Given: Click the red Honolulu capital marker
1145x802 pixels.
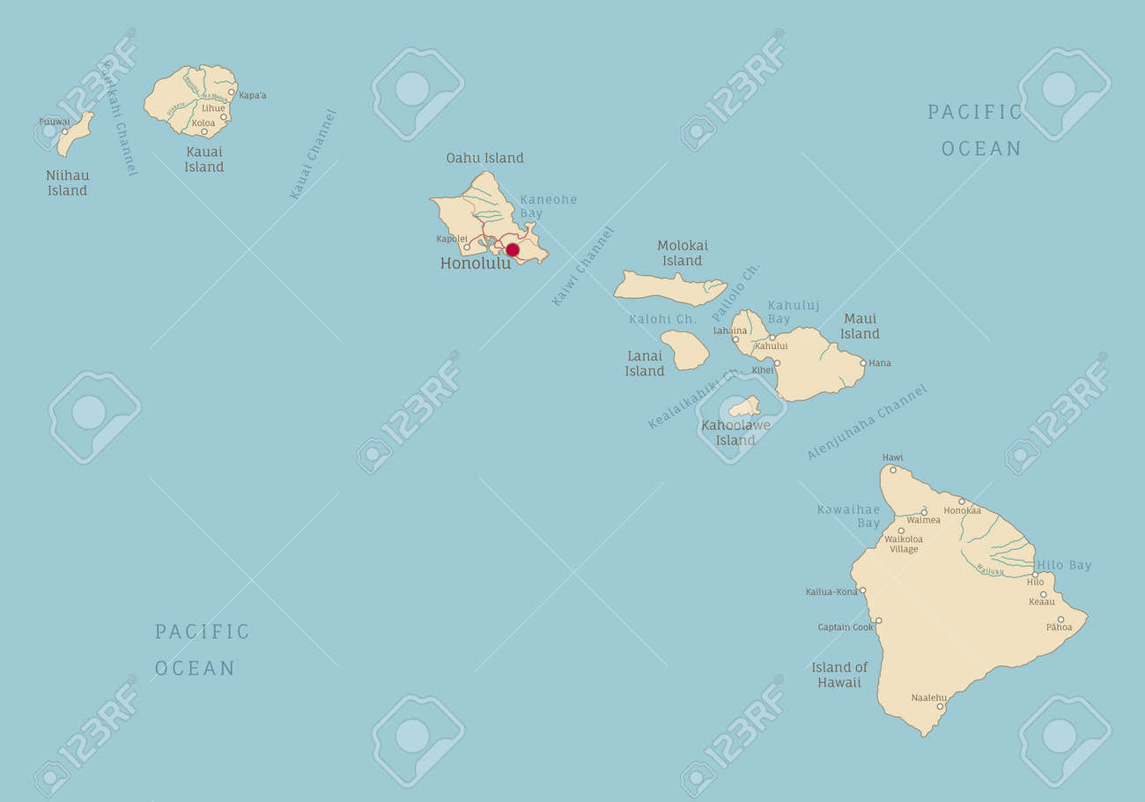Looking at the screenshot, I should [513, 250].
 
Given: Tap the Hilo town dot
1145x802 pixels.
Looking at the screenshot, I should [1035, 575].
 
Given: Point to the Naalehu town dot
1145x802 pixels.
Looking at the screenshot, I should [940, 707].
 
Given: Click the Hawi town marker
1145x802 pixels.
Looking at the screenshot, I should [893, 470].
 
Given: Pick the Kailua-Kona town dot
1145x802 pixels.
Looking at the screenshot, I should [863, 591].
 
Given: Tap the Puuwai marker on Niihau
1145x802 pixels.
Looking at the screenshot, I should [64, 131].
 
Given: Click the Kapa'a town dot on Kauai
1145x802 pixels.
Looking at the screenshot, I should [232, 93].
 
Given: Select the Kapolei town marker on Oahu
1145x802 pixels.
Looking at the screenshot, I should [467, 248].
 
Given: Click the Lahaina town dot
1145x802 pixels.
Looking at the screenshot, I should [735, 339].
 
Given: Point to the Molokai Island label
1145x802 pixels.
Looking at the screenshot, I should [683, 253].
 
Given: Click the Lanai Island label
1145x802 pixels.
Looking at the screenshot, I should [645, 364].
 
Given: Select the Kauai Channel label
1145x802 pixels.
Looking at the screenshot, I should [314, 154].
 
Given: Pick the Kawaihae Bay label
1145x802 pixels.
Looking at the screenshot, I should [848, 516].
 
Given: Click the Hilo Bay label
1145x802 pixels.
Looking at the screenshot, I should [1064, 566].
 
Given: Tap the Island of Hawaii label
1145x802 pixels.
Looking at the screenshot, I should [839, 674].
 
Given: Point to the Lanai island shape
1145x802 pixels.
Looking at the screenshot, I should [684, 350].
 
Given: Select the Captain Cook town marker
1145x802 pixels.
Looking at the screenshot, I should [878, 620].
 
